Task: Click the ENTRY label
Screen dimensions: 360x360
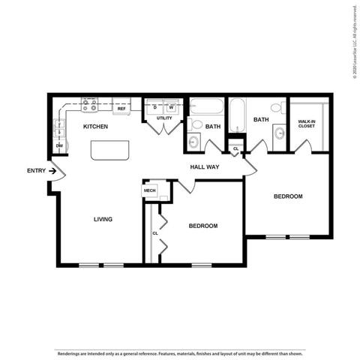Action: coord(36,171)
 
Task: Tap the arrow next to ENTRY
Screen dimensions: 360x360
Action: coord(53,171)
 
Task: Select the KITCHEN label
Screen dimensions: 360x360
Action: coord(95,127)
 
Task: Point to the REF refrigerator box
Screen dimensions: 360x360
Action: coord(121,109)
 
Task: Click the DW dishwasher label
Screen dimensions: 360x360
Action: coord(58,145)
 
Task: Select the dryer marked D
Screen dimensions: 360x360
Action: coord(155,108)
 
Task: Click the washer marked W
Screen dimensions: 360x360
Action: coord(171,108)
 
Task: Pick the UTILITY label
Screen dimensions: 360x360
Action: coord(164,118)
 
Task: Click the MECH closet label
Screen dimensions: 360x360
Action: coord(149,191)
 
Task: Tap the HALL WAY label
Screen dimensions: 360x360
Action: coord(204,167)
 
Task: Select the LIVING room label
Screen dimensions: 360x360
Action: coord(103,220)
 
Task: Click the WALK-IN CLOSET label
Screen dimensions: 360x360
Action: coord(306,124)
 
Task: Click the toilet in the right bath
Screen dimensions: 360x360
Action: coord(276,109)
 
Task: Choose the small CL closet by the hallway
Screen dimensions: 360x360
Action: coord(235,148)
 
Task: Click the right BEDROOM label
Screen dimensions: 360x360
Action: coord(287,196)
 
